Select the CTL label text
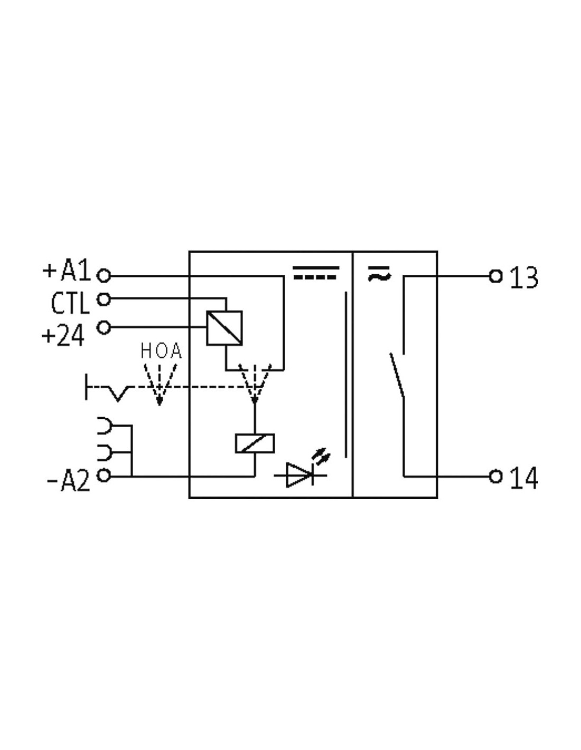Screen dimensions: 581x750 [x=70, y=303]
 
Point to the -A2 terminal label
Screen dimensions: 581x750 [x=68, y=480]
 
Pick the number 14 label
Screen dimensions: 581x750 [x=524, y=478]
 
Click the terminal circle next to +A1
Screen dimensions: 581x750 [x=104, y=276]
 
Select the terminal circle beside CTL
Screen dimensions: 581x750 [x=104, y=299]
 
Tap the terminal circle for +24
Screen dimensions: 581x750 [x=104, y=327]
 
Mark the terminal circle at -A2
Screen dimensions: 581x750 [x=104, y=476]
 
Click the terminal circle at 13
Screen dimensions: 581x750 [x=495, y=276]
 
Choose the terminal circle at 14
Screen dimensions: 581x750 [x=495, y=477]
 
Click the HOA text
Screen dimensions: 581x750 [x=161, y=351]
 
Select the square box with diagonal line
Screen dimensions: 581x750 [x=224, y=328]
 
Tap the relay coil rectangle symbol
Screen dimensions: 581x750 [x=255, y=443]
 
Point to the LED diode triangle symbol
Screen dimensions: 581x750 [x=299, y=475]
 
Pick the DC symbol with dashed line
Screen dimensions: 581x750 [x=316, y=273]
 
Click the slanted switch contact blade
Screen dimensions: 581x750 [x=397, y=375]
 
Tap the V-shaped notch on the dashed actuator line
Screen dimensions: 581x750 [x=118, y=394]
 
